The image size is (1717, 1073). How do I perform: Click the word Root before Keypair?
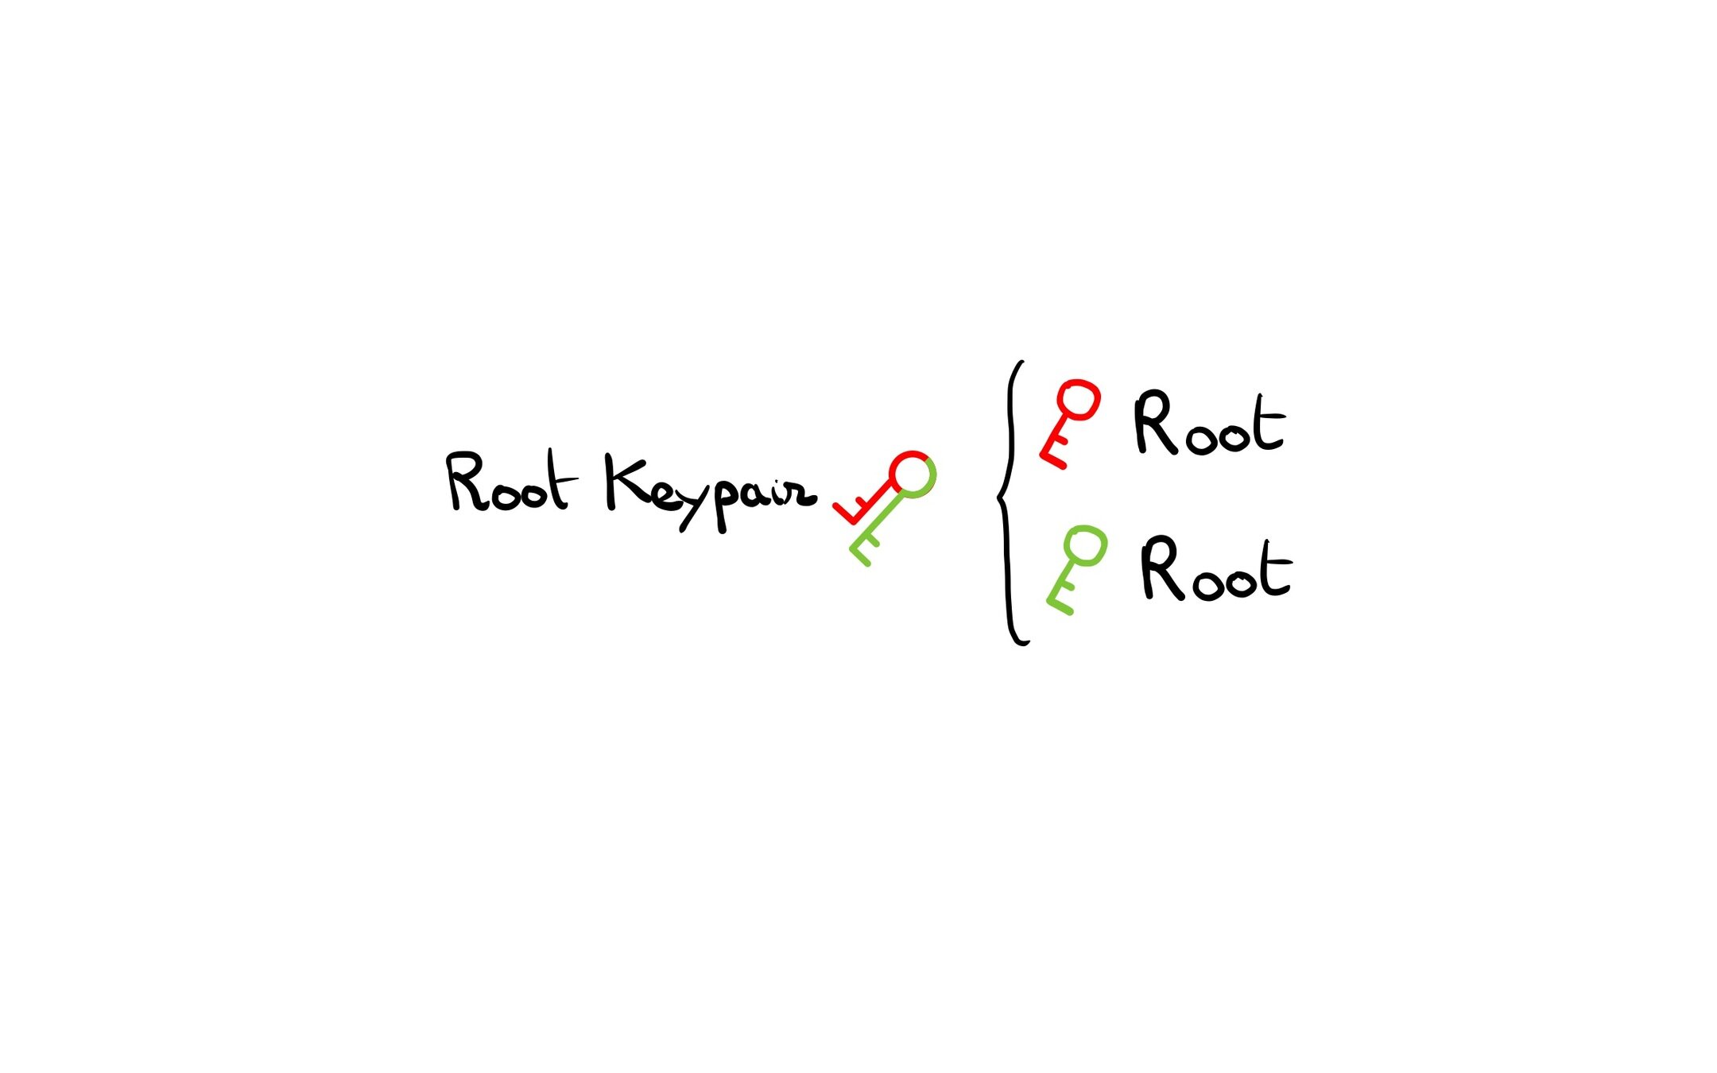click(x=509, y=482)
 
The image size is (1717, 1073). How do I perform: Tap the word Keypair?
click(x=710, y=491)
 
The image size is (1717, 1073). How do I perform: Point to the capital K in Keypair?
click(x=623, y=482)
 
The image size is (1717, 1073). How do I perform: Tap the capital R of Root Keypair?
click(x=466, y=481)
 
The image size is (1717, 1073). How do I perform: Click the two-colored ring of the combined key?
click(x=913, y=475)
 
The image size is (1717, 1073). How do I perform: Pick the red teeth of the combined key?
click(x=854, y=509)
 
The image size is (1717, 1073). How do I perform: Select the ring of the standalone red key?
click(x=1078, y=400)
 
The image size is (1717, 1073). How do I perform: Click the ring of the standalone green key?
click(x=1085, y=547)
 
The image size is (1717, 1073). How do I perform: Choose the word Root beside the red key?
click(x=1208, y=424)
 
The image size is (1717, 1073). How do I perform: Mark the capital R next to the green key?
click(x=1162, y=567)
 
